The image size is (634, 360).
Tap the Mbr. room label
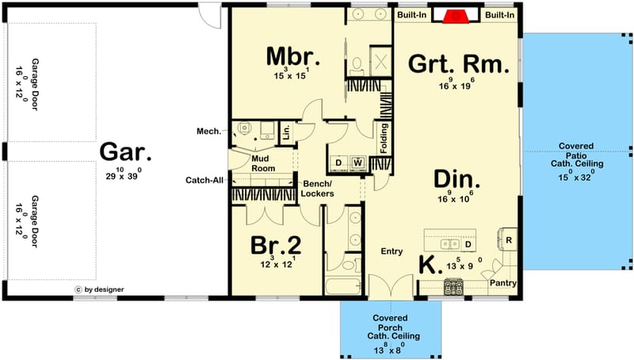click(292, 57)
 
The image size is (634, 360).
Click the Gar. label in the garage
click(125, 152)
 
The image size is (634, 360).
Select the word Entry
click(392, 251)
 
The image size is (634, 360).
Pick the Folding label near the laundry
click(384, 136)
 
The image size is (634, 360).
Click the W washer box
click(357, 163)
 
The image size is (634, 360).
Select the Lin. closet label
click(285, 132)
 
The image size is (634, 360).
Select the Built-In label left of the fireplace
click(412, 15)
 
